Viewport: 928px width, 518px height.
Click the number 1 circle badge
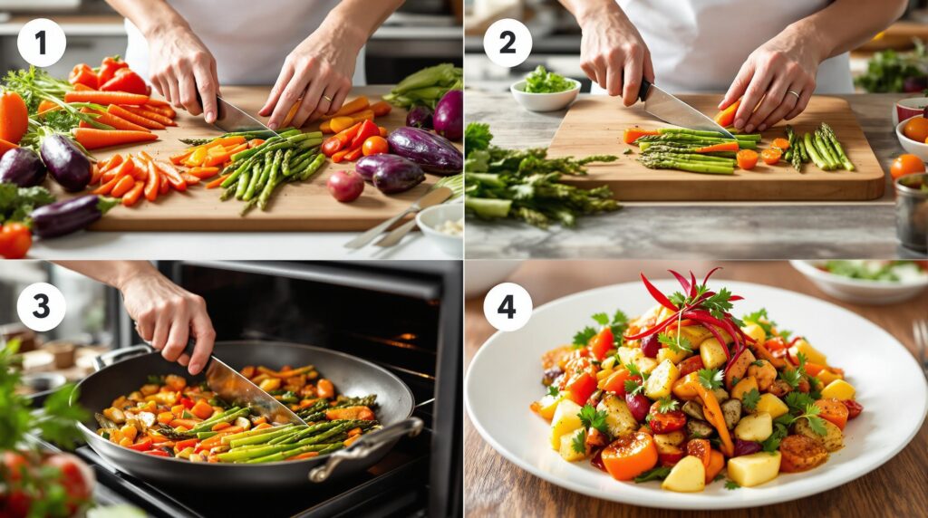pos(42,43)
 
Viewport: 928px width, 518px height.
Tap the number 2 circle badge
pos(507,43)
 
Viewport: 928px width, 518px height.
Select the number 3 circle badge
pos(42,306)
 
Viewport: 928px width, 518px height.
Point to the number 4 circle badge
pos(507,306)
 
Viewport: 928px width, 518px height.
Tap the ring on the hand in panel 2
pos(794,93)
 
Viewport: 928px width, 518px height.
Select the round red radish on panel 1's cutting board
pos(345,187)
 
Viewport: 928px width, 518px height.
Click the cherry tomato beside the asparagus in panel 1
pos(374,146)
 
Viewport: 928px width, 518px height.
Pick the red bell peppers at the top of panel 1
pos(110,75)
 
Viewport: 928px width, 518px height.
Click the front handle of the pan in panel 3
pos(366,448)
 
